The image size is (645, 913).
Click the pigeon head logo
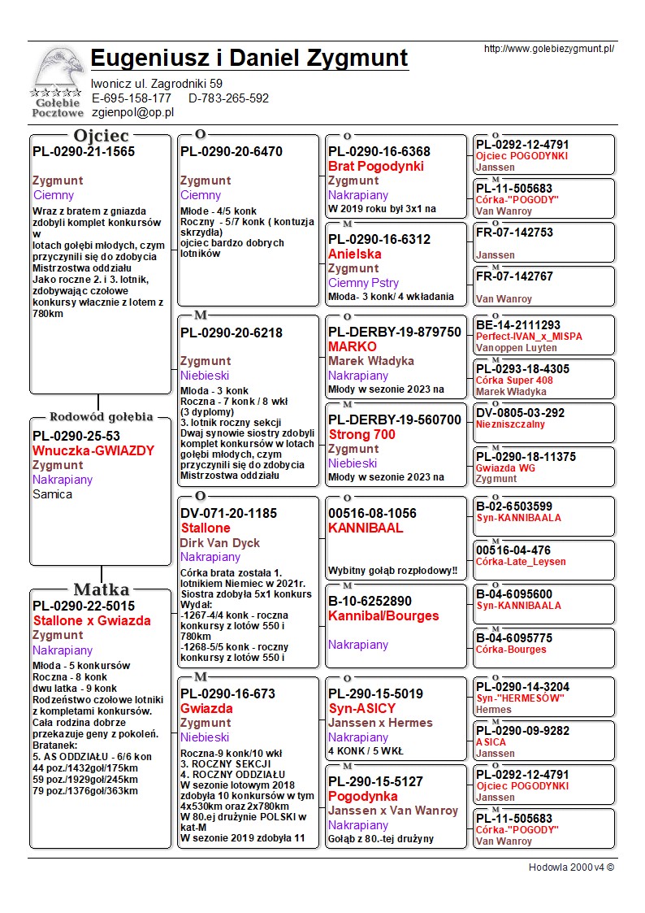point(56,69)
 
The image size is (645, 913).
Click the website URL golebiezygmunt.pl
point(548,49)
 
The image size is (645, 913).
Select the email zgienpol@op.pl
point(132,112)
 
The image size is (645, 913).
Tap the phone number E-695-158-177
point(132,98)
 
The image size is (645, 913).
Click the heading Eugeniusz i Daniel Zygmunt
point(249,59)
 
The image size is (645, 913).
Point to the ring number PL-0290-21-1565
point(84,151)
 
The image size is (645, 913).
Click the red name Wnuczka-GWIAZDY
point(93,450)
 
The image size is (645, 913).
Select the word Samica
point(53,494)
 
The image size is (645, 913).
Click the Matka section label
point(102,589)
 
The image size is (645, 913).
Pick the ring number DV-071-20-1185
point(228,514)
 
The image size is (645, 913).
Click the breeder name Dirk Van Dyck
point(220,543)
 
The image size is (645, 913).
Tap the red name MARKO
point(353,346)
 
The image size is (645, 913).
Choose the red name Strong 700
point(361,434)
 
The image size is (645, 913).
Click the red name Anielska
point(355,254)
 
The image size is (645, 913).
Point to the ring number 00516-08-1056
point(372,514)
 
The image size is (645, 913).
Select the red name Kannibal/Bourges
point(383,616)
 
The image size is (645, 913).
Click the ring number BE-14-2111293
point(518,325)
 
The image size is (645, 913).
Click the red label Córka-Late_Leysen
point(521,562)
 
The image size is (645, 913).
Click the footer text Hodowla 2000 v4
point(571,867)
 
